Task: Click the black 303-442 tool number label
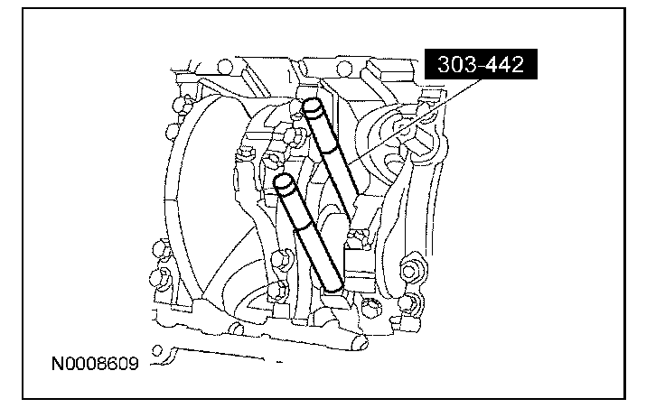(x=481, y=64)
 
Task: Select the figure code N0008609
(x=95, y=364)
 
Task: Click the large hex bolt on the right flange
(x=409, y=270)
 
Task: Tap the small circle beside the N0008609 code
(x=157, y=351)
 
